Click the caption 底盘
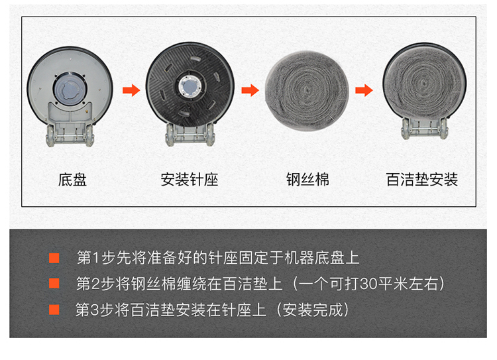72,180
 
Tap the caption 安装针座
190,180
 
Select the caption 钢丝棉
307,180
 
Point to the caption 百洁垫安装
422,180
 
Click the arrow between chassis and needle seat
131,90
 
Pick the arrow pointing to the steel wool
250,90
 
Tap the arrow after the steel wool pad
364,90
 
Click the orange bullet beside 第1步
54,258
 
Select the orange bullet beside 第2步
54,283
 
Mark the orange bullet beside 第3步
54,310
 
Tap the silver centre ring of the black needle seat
190,87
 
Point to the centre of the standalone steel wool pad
307,90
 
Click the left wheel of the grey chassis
51,136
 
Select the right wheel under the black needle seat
211,135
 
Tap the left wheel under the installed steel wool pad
406,129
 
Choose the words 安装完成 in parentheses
313,310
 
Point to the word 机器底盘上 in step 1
321,258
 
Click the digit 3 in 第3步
95,310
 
